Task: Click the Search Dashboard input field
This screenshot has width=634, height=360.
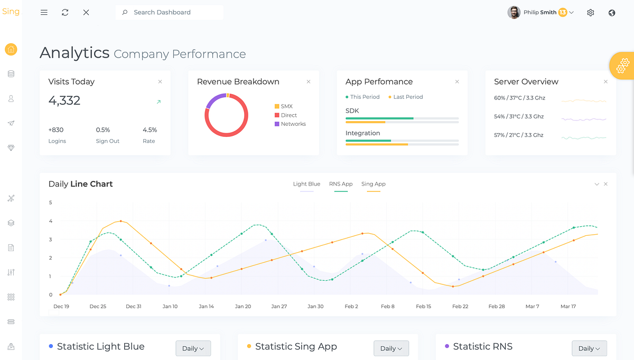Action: tap(169, 12)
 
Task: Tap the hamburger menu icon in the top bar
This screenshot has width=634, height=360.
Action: tap(44, 12)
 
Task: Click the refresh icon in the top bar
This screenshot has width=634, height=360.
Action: tap(65, 12)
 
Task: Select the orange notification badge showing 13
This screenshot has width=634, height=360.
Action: tap(562, 12)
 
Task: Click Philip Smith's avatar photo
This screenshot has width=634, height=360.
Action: tap(514, 12)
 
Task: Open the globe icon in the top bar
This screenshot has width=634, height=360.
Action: tap(612, 13)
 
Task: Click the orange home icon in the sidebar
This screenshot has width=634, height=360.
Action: tap(11, 50)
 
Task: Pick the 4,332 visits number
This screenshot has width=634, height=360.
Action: tap(64, 100)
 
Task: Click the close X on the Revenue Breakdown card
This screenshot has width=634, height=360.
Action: tap(309, 81)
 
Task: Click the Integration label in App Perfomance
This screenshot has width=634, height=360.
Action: tap(362, 133)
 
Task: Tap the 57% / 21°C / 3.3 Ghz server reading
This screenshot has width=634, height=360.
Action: tap(519, 135)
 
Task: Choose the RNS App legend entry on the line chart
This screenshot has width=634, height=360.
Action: tap(341, 184)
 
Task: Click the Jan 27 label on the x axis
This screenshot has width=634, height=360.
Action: tap(279, 306)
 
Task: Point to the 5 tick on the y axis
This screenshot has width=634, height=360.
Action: tap(50, 202)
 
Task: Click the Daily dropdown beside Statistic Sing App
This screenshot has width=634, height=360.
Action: tap(391, 348)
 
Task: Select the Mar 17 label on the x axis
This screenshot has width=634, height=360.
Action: tap(568, 306)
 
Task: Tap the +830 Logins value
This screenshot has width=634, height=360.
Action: tap(56, 130)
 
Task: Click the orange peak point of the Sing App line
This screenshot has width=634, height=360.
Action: tap(121, 221)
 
